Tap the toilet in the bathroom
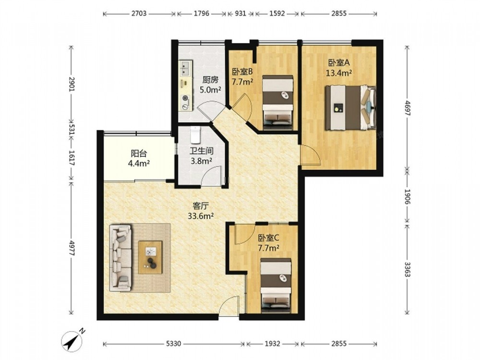click(x=195, y=135)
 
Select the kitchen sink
click(x=185, y=68)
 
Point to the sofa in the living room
click(x=120, y=258)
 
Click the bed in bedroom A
click(x=350, y=108)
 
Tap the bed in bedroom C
click(x=276, y=285)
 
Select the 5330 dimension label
click(x=174, y=344)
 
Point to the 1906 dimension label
click(x=408, y=196)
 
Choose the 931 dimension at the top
click(x=240, y=13)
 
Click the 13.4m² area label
click(x=338, y=73)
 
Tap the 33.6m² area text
click(x=201, y=216)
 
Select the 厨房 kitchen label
click(x=210, y=80)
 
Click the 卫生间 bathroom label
click(x=202, y=151)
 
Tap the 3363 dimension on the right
click(x=408, y=269)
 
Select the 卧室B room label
click(x=242, y=72)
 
